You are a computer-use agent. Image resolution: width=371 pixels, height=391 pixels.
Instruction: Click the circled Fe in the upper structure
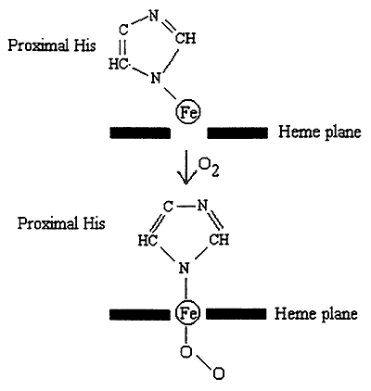[188, 112]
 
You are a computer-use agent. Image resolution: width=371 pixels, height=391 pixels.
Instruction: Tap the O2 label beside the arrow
[209, 169]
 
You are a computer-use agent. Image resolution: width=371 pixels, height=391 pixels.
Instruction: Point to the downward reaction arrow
[186, 167]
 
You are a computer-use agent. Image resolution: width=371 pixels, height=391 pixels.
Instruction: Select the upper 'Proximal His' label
[52, 45]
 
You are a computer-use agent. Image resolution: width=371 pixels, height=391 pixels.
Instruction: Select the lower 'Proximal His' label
[61, 223]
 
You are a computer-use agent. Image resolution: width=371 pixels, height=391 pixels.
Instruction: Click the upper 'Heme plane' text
[320, 132]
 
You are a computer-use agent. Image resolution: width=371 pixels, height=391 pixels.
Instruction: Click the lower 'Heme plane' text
[316, 314]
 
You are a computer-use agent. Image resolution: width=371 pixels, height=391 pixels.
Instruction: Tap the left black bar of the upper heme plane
[140, 132]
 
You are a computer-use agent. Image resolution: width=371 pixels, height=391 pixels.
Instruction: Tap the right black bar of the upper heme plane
[237, 132]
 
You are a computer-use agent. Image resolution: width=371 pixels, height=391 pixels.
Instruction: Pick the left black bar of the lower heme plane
[139, 314]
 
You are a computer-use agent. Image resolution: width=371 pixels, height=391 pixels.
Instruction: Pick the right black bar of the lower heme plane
[236, 314]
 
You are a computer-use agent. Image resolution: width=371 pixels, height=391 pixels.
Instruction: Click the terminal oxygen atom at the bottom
[218, 373]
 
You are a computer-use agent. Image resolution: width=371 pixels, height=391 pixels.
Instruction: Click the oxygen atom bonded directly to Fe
[185, 352]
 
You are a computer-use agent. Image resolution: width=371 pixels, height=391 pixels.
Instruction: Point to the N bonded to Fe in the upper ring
[156, 78]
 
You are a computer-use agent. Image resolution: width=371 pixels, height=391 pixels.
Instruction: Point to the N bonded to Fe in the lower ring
[184, 268]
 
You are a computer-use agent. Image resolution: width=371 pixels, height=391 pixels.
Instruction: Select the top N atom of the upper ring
[154, 16]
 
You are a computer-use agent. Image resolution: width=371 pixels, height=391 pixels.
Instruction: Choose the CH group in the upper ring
[185, 39]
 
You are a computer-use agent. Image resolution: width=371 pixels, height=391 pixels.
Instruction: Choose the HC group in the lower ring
[147, 240]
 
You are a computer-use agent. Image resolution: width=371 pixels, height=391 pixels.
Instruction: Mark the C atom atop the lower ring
[168, 207]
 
